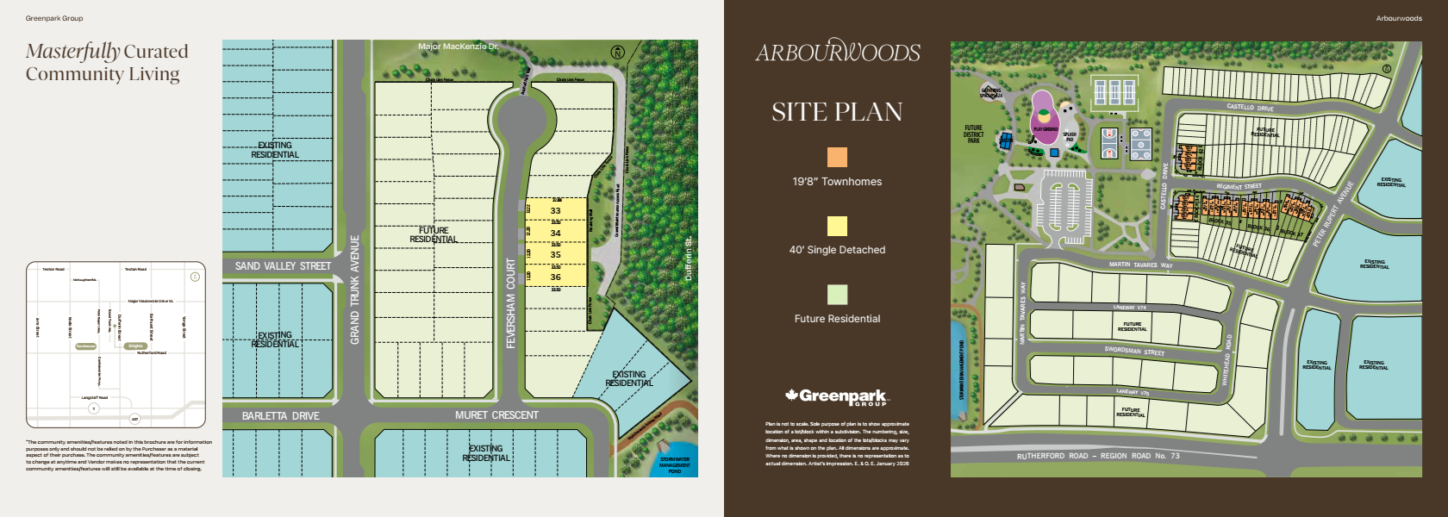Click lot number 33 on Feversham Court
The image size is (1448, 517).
(x=555, y=210)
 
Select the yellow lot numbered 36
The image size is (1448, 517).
(x=555, y=277)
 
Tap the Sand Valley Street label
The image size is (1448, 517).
(x=283, y=266)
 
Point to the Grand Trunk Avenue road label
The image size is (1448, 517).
(x=354, y=290)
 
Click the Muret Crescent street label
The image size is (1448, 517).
(x=496, y=415)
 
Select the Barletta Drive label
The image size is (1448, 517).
(x=280, y=416)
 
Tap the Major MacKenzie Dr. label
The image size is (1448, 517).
(x=458, y=47)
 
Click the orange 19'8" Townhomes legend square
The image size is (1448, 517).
(x=837, y=157)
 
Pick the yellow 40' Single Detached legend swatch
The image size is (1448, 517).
(x=837, y=226)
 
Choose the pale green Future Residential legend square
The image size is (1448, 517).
(x=837, y=295)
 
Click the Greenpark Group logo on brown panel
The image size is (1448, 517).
(x=836, y=397)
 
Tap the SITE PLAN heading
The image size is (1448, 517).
(x=837, y=112)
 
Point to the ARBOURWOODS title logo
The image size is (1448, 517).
(x=838, y=52)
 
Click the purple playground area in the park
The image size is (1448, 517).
(x=1044, y=119)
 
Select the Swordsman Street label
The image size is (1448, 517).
(x=1134, y=351)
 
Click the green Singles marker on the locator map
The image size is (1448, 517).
(x=135, y=346)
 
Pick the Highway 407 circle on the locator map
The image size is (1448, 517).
(x=134, y=419)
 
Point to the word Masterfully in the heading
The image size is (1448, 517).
(x=72, y=52)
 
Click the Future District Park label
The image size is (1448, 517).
(x=973, y=134)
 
